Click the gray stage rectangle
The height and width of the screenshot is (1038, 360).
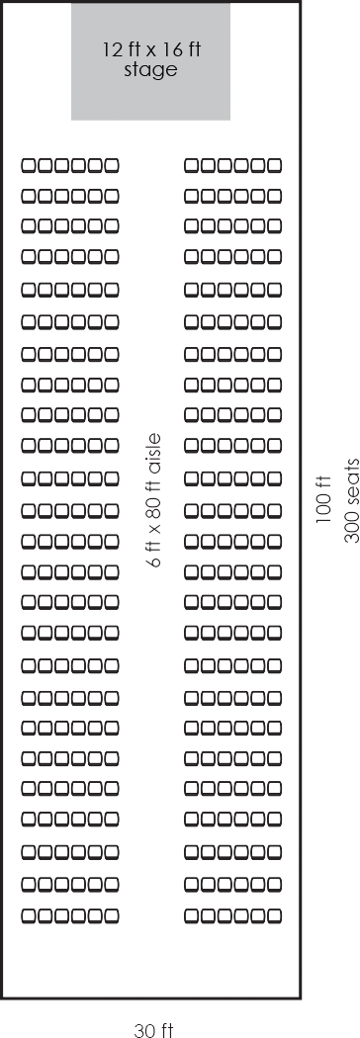(151, 61)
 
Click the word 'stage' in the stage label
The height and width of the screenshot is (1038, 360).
(151, 70)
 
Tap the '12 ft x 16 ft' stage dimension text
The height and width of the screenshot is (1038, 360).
(151, 49)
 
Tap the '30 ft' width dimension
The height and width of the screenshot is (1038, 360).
(153, 1030)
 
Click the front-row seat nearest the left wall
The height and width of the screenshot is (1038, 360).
(29, 165)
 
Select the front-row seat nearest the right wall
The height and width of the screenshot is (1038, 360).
(274, 165)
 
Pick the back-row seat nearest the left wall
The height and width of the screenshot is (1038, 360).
(29, 916)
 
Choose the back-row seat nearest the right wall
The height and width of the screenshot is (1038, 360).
(274, 916)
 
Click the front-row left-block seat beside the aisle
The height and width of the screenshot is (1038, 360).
(111, 165)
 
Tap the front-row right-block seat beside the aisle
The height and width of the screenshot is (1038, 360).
(192, 165)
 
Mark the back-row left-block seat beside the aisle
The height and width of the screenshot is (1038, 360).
(111, 916)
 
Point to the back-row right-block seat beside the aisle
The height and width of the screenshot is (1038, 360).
(192, 916)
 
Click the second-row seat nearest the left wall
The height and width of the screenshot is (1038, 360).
(29, 196)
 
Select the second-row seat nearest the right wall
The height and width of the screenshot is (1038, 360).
(274, 196)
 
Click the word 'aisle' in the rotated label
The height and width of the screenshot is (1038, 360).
(154, 454)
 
